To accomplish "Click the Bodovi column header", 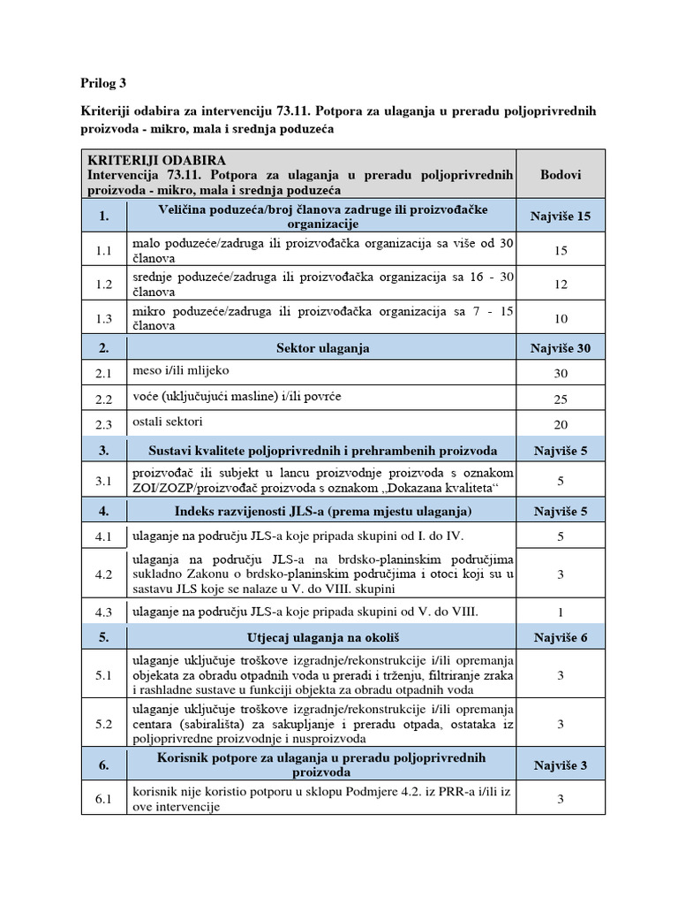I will pos(560,174).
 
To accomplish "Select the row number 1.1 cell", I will pos(104,251).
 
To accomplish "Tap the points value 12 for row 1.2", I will pos(560,285).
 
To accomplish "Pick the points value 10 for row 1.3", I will pos(560,319).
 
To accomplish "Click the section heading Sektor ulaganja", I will pos(321,348).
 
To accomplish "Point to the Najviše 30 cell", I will pos(560,348).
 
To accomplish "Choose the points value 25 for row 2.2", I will pos(560,399).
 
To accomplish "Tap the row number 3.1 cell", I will pos(104,482).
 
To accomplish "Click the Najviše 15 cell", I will pos(560,216).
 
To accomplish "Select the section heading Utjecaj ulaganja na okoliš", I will pos(321,637).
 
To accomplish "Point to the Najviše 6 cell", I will pos(560,637).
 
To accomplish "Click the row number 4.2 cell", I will pos(104,574).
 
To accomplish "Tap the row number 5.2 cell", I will pos(104,724).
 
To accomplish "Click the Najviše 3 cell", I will pos(560,765).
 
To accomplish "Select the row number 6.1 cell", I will pos(104,800).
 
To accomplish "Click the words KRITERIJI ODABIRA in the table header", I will pos(157,160).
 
